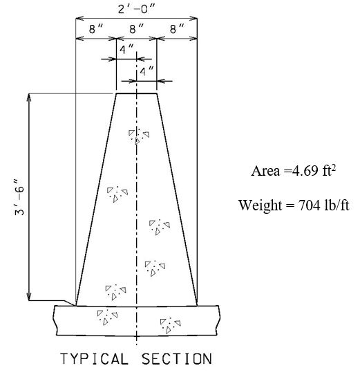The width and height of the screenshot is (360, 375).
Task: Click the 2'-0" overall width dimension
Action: [136, 9]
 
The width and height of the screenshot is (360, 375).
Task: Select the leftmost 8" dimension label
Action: [96, 28]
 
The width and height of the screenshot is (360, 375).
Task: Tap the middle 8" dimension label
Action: [136, 28]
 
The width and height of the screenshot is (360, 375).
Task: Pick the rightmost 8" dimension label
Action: [177, 28]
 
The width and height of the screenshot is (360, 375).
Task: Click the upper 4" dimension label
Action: [126, 49]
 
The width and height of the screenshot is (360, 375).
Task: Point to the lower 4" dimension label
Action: [146, 71]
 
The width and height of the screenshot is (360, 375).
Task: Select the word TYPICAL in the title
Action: [94, 358]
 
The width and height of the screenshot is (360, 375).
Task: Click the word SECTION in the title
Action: [176, 358]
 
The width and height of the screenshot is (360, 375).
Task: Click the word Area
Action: [265, 171]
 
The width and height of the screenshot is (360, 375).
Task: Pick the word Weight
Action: [260, 205]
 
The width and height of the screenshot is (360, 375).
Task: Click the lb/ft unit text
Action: [337, 205]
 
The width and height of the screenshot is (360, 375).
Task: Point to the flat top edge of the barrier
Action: [136, 93]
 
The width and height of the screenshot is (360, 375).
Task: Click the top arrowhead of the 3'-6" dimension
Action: [29, 97]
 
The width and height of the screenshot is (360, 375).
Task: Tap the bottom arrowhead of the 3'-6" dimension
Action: [29, 297]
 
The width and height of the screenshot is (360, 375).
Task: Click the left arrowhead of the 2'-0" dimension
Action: [79, 18]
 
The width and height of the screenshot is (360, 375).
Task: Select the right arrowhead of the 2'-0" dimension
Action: [193, 18]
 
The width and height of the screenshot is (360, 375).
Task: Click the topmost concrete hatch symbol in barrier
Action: [139, 136]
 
